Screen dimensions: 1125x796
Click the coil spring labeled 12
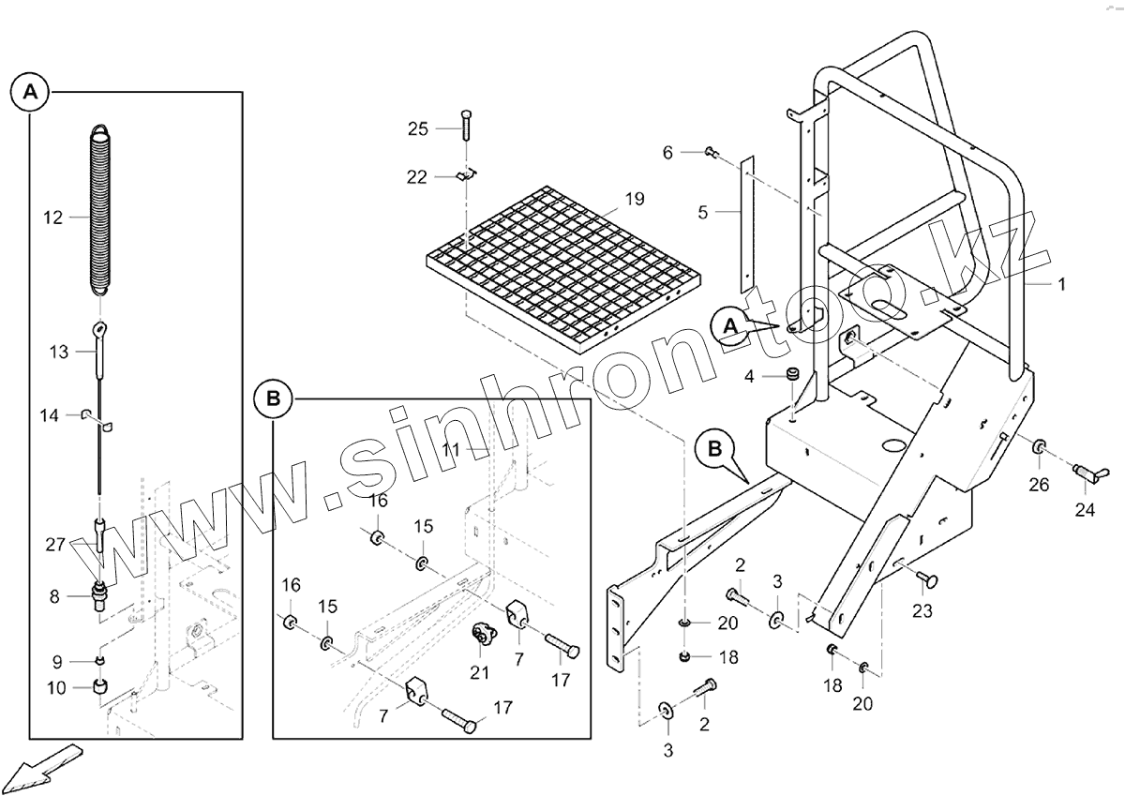pyautogui.click(x=101, y=211)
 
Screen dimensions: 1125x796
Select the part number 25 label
pyautogui.click(x=418, y=128)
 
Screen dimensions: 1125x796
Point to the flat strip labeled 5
pyautogui.click(x=747, y=225)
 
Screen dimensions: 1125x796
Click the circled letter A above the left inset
pyautogui.click(x=30, y=92)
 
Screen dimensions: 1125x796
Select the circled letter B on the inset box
pyautogui.click(x=273, y=398)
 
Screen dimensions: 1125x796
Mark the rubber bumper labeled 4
pyautogui.click(x=792, y=376)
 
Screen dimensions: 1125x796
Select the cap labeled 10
pyautogui.click(x=100, y=690)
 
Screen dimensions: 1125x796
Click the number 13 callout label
pyautogui.click(x=58, y=352)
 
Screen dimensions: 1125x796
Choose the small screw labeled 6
pyautogui.click(x=710, y=150)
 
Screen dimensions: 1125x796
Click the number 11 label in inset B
pyautogui.click(x=452, y=450)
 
